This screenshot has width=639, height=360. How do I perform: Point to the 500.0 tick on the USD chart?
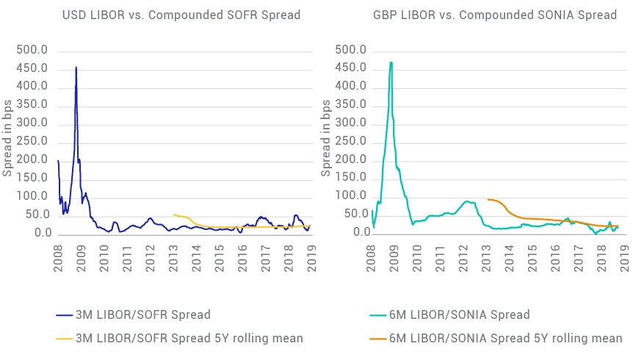point(33,51)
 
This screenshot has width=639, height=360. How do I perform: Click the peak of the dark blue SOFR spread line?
point(76,68)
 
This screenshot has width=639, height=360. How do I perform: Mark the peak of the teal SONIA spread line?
point(391,62)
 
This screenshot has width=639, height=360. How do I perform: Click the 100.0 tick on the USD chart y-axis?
point(33,197)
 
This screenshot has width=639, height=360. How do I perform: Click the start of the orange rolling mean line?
point(488,199)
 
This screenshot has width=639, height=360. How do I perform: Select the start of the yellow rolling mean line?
point(173,215)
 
